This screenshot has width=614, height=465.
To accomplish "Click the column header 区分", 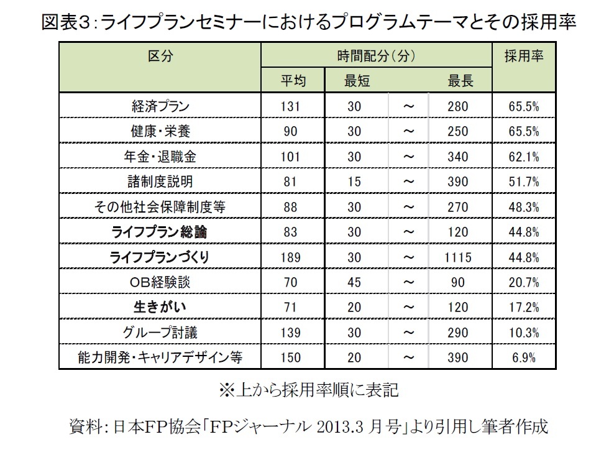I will pos(160,55).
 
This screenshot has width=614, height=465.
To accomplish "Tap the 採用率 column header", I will pos(523,55).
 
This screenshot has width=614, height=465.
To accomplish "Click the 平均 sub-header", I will pos(291,81).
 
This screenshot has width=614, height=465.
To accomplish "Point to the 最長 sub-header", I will pos(460,81).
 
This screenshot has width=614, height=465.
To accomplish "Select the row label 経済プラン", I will pos(160,106).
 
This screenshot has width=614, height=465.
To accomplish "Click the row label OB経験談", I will pos(160,282).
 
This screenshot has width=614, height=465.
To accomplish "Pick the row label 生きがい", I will pos(160,307).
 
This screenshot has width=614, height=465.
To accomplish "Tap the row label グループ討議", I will pos(160,333).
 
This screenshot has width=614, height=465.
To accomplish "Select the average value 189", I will pos(291,257).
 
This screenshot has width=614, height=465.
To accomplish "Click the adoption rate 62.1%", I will pos(523,157).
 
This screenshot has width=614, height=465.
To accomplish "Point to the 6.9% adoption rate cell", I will pos(523,357).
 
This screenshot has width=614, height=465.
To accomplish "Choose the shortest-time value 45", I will pos(354,282).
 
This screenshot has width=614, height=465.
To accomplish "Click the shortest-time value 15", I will pos(354,182).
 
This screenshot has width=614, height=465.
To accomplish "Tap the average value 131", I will pos(291,106).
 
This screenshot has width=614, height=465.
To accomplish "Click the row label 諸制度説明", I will pos(160,182).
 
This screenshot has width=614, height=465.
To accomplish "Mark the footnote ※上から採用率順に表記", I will pos(308,390).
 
